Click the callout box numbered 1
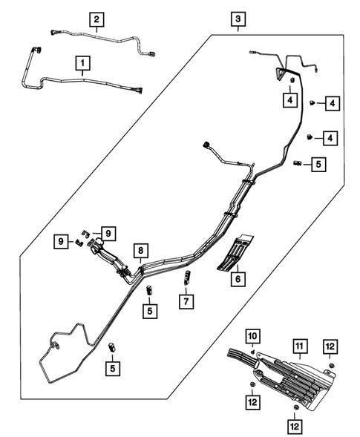click(x=82, y=64)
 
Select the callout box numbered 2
click(x=97, y=18)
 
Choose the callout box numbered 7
click(x=185, y=301)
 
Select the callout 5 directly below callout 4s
click(x=318, y=164)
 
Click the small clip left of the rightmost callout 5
click(x=298, y=162)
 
